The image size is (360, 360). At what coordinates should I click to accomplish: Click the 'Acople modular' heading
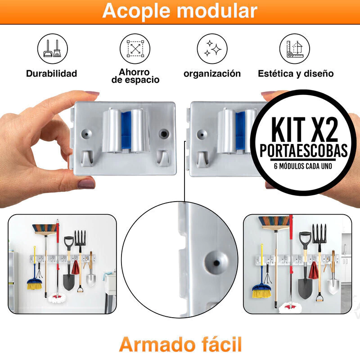pyautogui.click(x=180, y=10)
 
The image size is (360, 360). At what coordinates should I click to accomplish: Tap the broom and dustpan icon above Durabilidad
pyautogui.click(x=53, y=49)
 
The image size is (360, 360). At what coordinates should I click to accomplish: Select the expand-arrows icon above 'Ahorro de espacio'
pyautogui.click(x=135, y=49)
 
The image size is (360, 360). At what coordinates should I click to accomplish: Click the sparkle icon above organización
pyautogui.click(x=212, y=49)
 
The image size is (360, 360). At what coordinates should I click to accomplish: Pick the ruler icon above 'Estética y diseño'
pyautogui.click(x=295, y=49)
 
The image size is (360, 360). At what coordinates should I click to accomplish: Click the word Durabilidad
pyautogui.click(x=51, y=73)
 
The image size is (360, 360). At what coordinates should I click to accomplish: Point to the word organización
pyautogui.click(x=212, y=74)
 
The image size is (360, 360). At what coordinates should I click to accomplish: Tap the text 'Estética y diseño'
pyautogui.click(x=296, y=74)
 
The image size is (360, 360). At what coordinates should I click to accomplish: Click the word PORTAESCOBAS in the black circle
pyautogui.click(x=303, y=151)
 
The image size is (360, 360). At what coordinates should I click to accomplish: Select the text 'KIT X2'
pyautogui.click(x=305, y=130)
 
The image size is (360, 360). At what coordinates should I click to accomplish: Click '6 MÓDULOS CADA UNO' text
pyautogui.click(x=303, y=166)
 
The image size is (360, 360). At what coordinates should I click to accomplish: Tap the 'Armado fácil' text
pyautogui.click(x=180, y=344)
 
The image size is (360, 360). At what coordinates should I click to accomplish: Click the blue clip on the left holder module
pyautogui.click(x=126, y=130)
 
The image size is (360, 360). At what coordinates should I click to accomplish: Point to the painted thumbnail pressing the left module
pyautogui.click(x=86, y=184)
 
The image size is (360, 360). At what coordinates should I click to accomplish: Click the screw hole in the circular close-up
pyautogui.click(x=216, y=262)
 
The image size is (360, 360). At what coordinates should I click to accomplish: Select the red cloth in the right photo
pyautogui.click(x=313, y=270)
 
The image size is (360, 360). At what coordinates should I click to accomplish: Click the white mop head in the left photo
pyautogui.click(x=57, y=298)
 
